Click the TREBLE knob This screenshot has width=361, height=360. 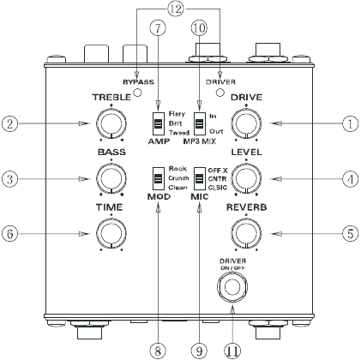click(109, 125)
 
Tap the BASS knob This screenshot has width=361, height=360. click(109, 178)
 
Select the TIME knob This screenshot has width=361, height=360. click(109, 232)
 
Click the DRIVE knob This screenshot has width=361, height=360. click(245, 125)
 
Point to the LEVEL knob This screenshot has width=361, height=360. click(245, 178)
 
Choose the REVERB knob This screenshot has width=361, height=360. click(245, 232)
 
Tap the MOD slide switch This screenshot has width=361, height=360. click(158, 180)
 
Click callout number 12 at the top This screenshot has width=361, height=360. click(176, 9)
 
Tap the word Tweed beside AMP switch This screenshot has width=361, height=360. click(178, 131)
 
